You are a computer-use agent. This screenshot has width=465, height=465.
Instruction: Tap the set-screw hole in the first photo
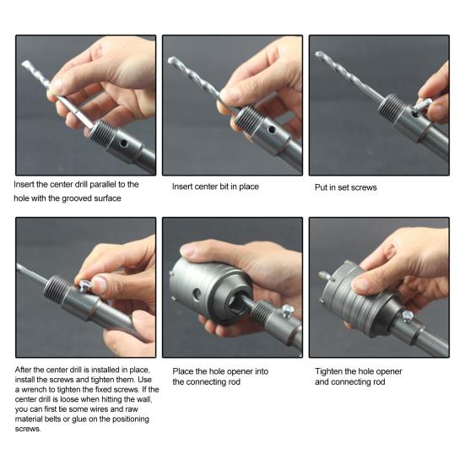(124, 143)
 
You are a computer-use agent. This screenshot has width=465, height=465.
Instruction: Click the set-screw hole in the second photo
(272, 129)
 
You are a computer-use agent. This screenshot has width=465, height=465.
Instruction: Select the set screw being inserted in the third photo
(421, 105)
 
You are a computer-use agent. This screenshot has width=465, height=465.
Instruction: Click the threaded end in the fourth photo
(57, 289)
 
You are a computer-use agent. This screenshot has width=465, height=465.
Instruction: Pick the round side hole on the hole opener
(197, 295)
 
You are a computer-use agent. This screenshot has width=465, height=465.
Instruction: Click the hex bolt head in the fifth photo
(288, 311)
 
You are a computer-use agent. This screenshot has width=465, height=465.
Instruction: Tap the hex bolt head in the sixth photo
(408, 316)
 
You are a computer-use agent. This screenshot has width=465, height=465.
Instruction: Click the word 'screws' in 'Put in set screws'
(365, 187)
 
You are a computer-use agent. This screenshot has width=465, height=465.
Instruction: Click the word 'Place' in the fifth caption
(182, 371)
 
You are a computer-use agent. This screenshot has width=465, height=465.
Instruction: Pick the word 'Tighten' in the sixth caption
(328, 371)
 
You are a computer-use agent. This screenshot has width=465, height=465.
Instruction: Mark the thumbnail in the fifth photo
(188, 251)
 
